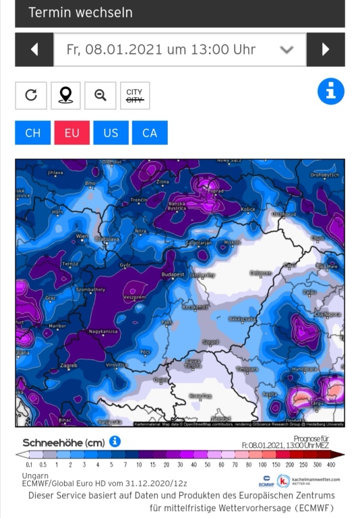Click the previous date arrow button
tap(34, 49)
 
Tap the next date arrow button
tap(326, 49)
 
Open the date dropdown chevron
tap(287, 49)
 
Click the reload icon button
tap(31, 95)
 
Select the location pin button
tap(65, 95)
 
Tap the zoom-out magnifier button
tap(100, 95)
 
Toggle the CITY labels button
tap(134, 95)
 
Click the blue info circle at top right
tap(330, 92)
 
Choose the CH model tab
tap(33, 133)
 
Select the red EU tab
tap(72, 133)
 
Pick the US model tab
tap(111, 133)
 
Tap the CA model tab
tap(150, 133)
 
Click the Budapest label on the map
tap(173, 274)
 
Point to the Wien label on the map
tap(82, 236)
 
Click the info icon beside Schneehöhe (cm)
tap(115, 441)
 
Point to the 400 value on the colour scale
tap(331, 465)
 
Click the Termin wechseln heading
tap(80, 13)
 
